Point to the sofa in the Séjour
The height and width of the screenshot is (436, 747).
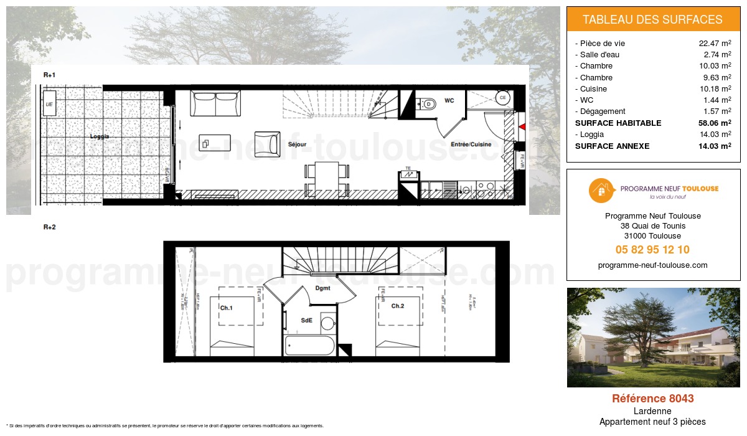tap(215, 103)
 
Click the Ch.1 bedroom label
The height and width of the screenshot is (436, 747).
tap(226, 307)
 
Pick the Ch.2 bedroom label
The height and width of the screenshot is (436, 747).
tap(398, 306)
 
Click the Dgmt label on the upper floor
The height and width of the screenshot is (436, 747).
tap(322, 288)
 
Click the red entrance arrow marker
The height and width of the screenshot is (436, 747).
tap(522, 126)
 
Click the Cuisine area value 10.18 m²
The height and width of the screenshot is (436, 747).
tap(715, 88)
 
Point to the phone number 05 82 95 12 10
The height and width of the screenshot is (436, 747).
tap(652, 250)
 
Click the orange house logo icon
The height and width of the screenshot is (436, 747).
tap(600, 191)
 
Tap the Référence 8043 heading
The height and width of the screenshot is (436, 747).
tap(652, 399)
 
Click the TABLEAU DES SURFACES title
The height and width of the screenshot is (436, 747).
tap(652, 19)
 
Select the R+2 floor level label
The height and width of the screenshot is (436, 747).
tap(50, 227)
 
